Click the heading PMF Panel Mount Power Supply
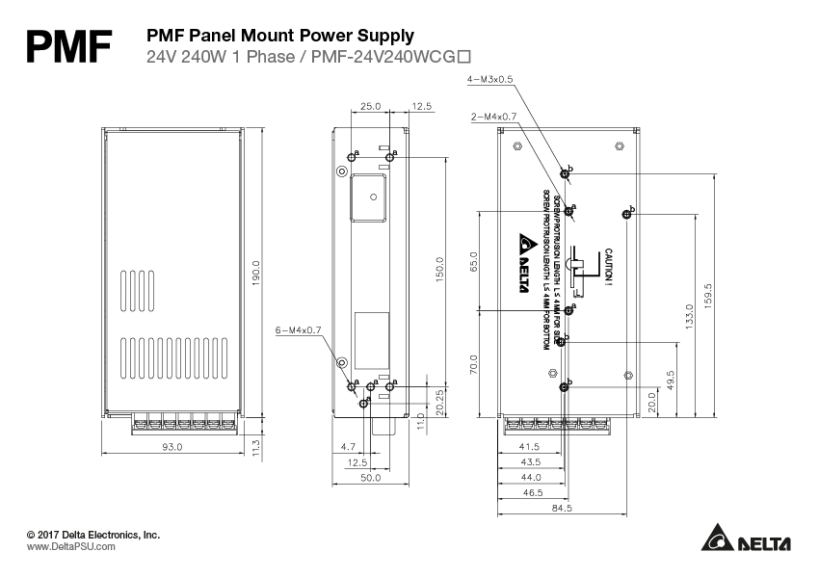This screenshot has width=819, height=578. coord(279,36)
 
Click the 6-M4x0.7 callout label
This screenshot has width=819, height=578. coord(299,328)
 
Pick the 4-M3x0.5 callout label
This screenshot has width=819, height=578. coord(490,80)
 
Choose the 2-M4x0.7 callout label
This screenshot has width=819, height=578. coord(494,116)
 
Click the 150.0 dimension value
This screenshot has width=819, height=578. coord(440,272)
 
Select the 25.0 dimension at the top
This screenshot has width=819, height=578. coord(371,106)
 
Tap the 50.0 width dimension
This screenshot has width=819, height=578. coord(371,478)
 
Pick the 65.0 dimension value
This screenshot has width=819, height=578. coord(473,262)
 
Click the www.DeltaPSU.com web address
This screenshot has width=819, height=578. coord(70,546)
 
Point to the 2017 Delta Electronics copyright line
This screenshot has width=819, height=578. coord(92,534)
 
